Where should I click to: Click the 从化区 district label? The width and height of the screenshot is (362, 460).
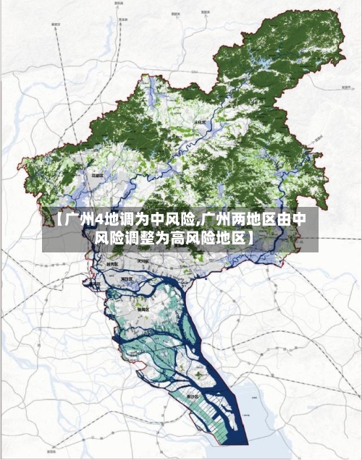pyautogui.click(x=200, y=124)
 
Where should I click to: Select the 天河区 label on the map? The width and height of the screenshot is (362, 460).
pyautogui.click(x=143, y=261)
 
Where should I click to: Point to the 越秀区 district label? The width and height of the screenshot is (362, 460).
pyautogui.click(x=111, y=265)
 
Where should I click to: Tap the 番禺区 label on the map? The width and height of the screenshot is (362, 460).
pyautogui.click(x=144, y=309)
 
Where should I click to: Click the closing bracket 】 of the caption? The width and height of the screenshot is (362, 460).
pyautogui.click(x=250, y=237)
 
